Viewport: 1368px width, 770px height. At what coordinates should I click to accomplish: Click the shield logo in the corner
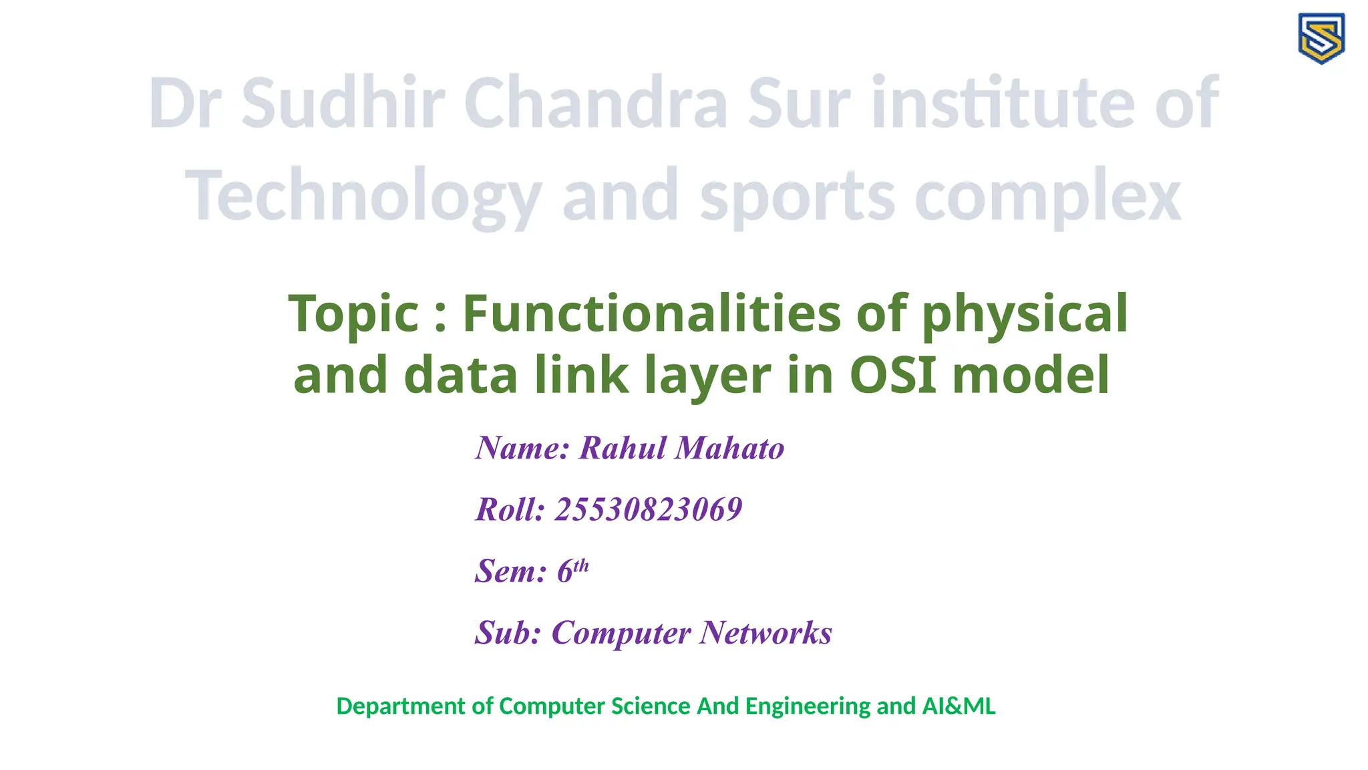1321,38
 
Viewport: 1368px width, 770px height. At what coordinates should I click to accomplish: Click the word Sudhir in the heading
342,104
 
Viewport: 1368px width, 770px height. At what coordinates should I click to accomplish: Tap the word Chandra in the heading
596,104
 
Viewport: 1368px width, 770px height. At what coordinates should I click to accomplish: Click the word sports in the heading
797,196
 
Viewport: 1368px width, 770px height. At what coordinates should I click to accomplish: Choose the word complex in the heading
1047,196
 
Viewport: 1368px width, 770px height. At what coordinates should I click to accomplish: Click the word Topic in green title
353,313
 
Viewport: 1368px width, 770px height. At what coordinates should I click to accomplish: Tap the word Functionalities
651,313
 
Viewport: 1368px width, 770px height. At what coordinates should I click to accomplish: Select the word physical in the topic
1025,313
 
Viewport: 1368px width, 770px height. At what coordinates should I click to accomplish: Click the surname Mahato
729,448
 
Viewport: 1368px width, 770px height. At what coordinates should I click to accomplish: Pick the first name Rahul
623,448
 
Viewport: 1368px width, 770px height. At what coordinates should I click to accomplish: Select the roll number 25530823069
649,509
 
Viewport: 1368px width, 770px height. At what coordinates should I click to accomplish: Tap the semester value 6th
572,570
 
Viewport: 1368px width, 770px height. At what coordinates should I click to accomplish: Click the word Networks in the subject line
765,632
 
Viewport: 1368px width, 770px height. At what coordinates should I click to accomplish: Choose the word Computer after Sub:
621,632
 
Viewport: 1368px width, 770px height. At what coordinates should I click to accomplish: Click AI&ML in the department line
959,706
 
